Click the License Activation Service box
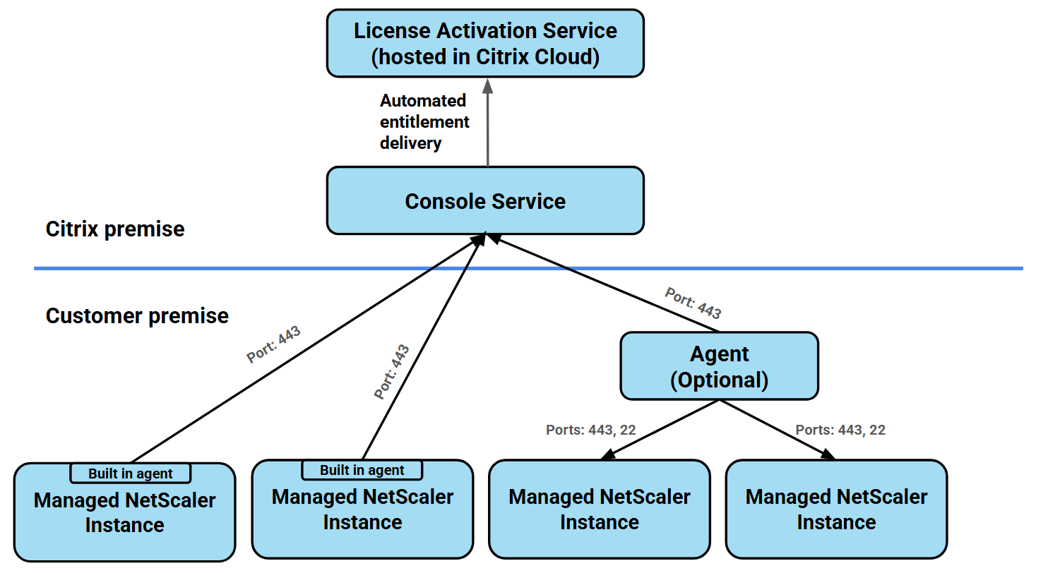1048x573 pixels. click(485, 43)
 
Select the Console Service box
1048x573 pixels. click(485, 201)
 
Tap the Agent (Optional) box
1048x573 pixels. click(719, 366)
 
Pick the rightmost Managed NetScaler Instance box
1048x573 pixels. click(836, 509)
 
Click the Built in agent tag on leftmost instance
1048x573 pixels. click(131, 474)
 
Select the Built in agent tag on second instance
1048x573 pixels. click(362, 470)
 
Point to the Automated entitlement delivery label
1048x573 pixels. click(424, 122)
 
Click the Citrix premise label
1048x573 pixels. click(115, 229)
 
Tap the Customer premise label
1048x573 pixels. click(137, 315)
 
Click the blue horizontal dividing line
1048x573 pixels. click(212, 268)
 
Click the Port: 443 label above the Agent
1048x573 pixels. click(693, 303)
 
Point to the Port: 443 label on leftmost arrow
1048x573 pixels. click(273, 344)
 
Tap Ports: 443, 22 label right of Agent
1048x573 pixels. click(840, 430)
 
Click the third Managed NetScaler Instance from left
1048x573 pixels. click(599, 509)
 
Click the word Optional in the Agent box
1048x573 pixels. click(719, 380)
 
